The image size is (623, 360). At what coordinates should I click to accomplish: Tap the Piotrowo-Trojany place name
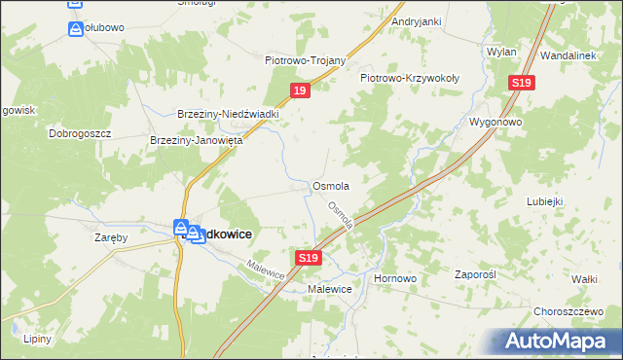click(306, 59)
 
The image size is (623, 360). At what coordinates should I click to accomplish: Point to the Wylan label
click(501, 50)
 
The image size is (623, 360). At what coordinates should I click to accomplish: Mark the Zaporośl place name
click(476, 274)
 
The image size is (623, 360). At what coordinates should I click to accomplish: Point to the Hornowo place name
click(395, 278)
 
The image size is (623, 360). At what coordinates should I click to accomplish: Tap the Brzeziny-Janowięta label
click(196, 140)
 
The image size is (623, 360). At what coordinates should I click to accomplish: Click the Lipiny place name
click(39, 339)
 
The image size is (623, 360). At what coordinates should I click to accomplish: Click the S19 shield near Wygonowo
click(520, 84)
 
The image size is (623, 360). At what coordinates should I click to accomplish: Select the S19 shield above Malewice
click(308, 258)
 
